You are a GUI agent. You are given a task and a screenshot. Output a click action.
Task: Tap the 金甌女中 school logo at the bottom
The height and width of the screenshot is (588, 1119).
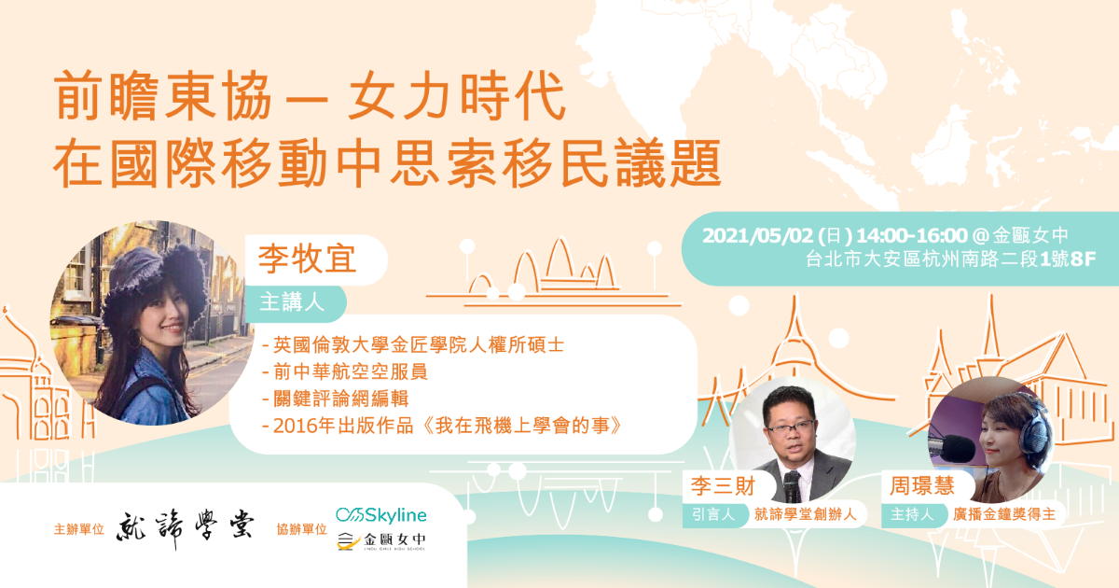[381, 540]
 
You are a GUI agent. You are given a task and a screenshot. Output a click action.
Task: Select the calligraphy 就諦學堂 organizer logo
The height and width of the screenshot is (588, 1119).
[186, 529]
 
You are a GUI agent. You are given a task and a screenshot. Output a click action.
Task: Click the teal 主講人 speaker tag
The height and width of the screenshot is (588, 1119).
[292, 302]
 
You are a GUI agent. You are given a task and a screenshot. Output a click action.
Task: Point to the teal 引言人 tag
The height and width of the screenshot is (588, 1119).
[713, 514]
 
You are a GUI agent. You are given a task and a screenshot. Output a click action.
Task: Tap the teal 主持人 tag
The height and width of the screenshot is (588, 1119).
[912, 514]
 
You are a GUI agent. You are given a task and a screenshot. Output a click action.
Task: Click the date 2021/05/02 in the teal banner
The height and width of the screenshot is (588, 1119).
[757, 235]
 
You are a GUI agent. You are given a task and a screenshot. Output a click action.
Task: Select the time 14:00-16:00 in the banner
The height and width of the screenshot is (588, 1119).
[912, 235]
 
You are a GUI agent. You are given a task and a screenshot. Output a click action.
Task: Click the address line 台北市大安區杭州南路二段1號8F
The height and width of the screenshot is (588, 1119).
[950, 259]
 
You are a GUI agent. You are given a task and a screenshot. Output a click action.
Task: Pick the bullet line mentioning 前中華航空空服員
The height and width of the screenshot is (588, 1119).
[345, 371]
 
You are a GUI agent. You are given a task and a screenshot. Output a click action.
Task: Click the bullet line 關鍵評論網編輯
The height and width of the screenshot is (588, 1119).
[336, 399]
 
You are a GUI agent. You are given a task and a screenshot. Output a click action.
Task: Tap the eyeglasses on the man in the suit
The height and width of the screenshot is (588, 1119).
[793, 427]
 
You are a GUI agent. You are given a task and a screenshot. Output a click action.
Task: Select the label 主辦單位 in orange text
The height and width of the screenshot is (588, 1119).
[79, 529]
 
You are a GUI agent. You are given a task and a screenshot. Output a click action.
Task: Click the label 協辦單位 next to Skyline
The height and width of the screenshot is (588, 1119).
[302, 529]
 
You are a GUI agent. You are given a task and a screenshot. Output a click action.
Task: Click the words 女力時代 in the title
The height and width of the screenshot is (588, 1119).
[457, 95]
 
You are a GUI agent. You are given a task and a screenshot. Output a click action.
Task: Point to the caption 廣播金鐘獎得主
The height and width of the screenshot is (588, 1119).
[1004, 514]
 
